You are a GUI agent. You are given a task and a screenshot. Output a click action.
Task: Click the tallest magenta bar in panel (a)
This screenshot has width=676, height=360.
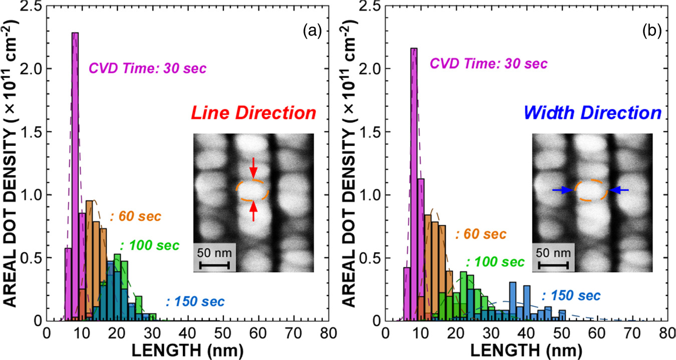[x=75, y=175]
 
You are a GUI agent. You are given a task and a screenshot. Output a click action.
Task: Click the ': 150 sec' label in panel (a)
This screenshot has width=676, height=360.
[x=195, y=302]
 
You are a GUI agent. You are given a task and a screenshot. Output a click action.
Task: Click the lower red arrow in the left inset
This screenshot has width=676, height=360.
[x=253, y=211]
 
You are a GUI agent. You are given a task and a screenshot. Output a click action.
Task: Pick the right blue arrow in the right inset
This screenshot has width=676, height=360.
[x=619, y=190]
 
